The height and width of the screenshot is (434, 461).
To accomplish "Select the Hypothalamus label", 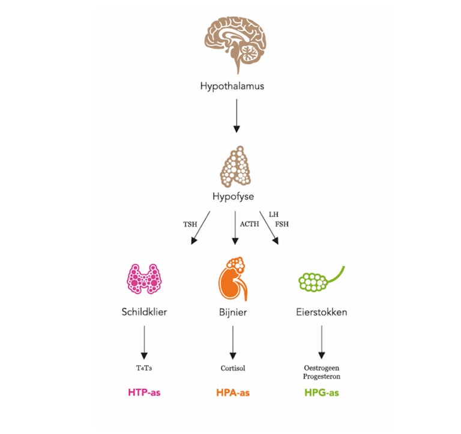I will click(232, 86).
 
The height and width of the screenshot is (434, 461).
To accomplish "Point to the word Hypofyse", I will click(232, 196).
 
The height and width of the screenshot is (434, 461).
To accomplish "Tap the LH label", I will click(273, 214).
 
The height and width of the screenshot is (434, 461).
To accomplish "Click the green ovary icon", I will click(321, 278).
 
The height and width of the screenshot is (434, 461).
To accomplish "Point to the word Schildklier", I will click(144, 312).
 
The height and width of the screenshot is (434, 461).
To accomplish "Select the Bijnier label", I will click(233, 312).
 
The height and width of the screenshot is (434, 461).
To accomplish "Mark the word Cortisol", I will click(233, 367).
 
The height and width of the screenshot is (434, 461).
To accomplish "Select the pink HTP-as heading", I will click(144, 393).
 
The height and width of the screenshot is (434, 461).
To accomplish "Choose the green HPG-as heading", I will click(322, 393).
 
